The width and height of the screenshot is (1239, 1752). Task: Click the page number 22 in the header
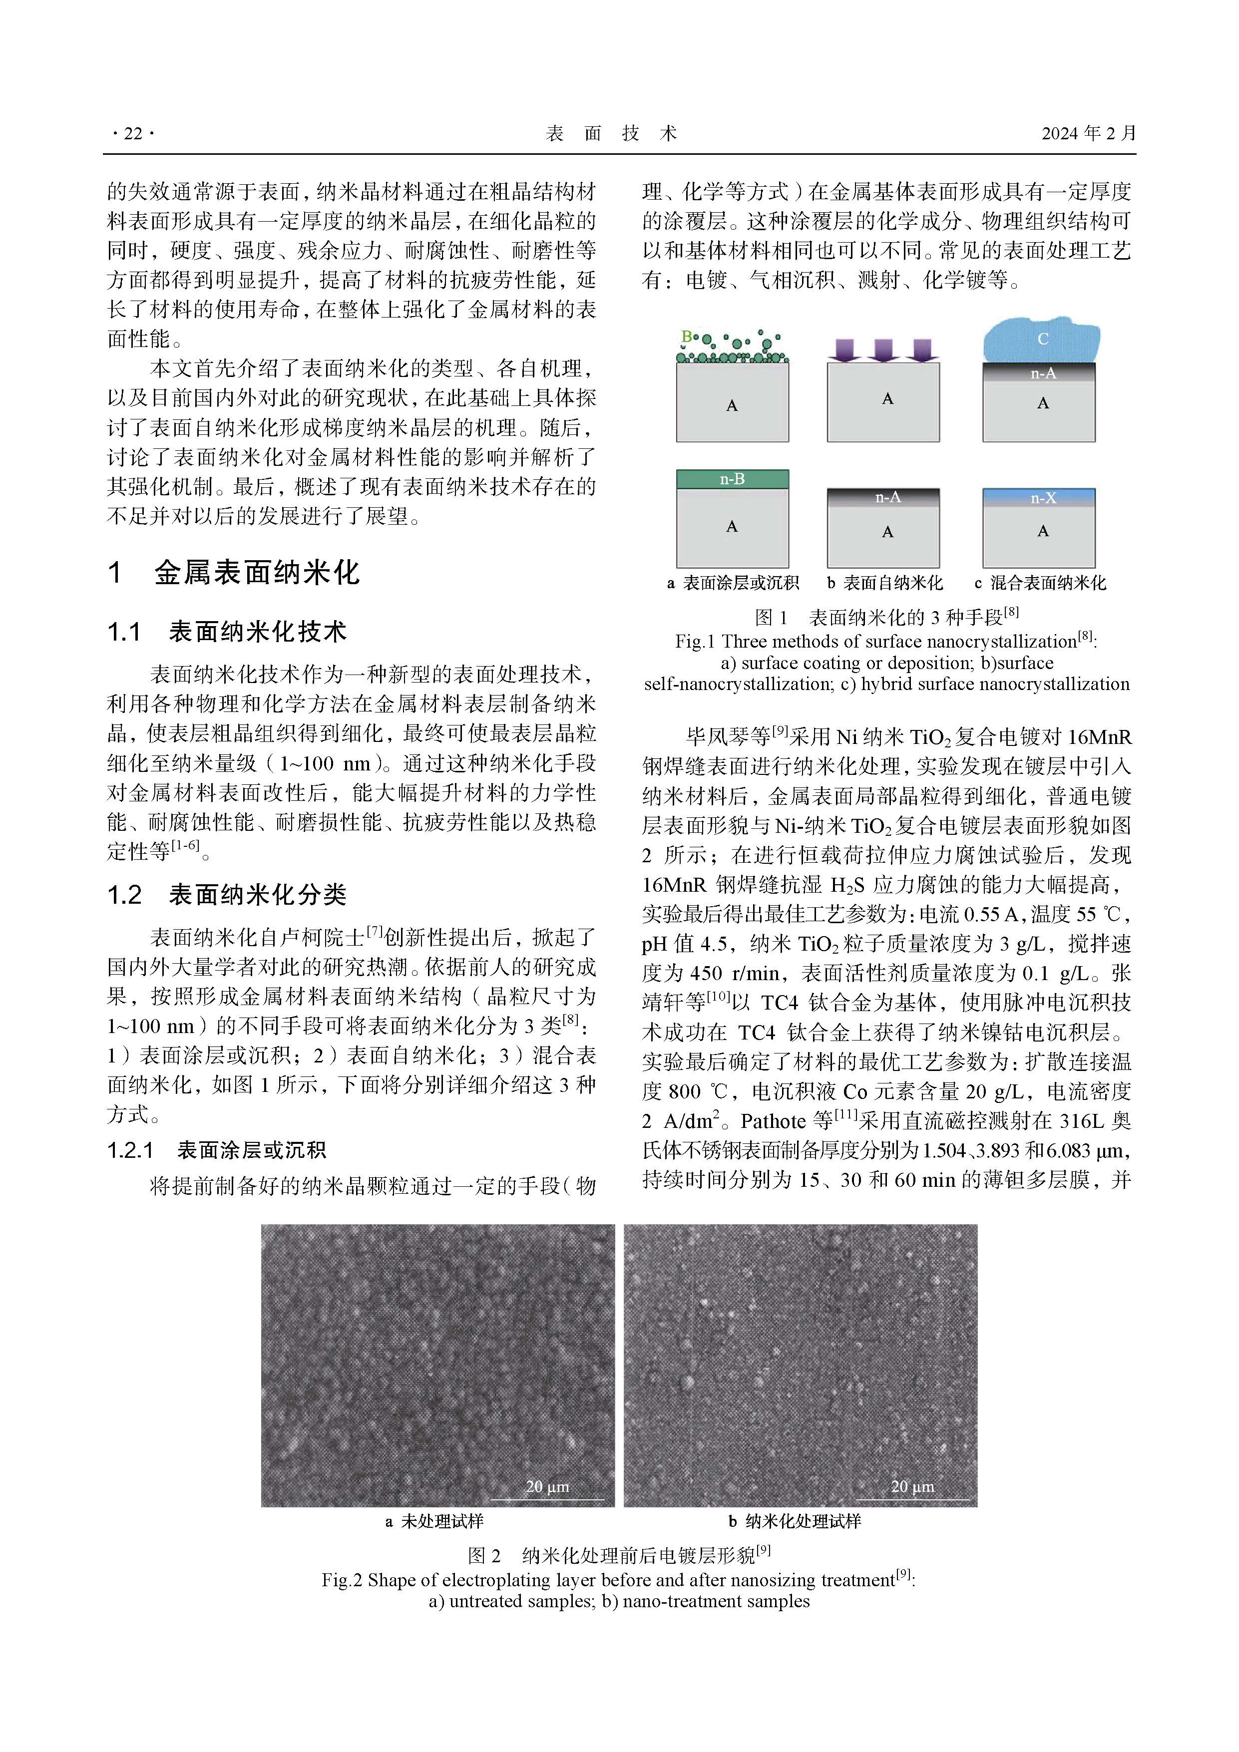point(133,133)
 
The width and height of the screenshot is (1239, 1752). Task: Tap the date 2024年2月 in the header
point(1089,133)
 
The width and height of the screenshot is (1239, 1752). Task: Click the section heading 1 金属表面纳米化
point(234,572)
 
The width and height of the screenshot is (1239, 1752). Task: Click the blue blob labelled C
point(1042,340)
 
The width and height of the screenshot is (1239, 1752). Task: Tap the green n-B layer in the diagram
point(732,479)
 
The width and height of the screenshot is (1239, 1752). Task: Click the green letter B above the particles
point(686,336)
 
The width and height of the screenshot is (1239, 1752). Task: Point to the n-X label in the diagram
point(1043,498)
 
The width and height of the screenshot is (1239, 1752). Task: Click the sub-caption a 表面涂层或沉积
point(733,583)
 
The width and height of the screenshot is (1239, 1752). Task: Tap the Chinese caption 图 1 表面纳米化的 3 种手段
point(885,617)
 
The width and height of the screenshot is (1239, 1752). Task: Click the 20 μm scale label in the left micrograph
point(547,1486)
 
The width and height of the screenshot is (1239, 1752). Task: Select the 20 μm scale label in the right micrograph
point(912,1486)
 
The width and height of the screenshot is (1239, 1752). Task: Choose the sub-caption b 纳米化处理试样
point(795,1521)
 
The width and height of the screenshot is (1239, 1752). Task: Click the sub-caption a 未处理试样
point(434,1521)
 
